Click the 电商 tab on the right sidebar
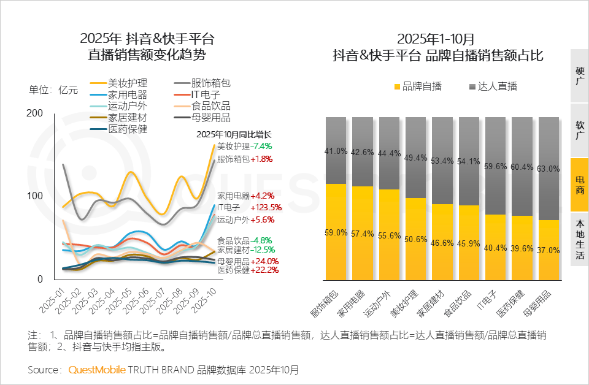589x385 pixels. (580, 185)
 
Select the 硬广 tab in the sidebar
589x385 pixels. (580, 75)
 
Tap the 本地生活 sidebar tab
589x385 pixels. (580, 238)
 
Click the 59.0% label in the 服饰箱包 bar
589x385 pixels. (336, 232)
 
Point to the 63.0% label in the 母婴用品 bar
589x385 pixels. (548, 169)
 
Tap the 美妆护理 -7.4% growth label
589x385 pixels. (244, 147)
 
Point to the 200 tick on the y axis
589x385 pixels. (34, 113)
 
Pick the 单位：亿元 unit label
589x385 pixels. (54, 90)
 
